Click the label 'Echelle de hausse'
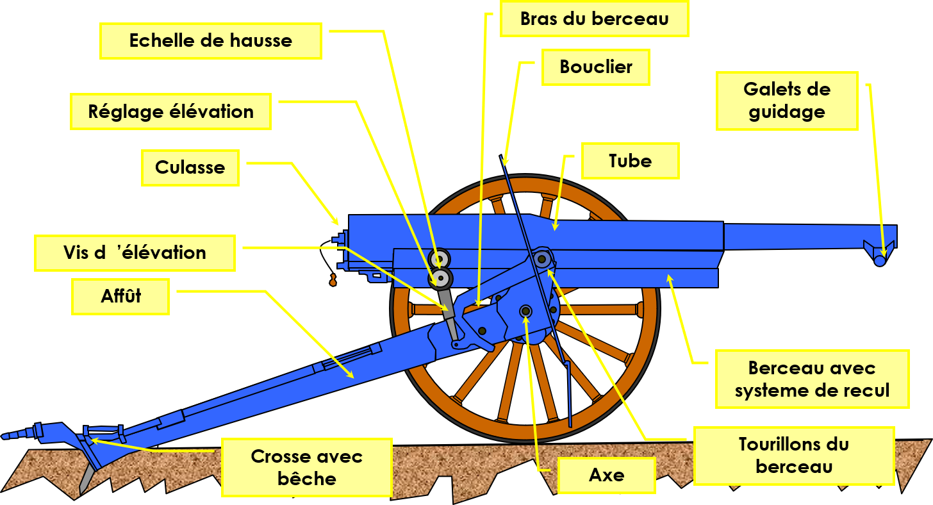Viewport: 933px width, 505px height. [x=210, y=41]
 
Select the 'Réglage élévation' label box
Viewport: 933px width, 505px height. [x=171, y=112]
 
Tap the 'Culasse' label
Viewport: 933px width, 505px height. [x=190, y=168]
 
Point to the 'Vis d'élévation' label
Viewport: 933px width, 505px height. [x=135, y=252]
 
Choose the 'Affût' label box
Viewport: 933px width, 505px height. [x=120, y=296]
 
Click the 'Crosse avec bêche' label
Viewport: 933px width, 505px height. [x=306, y=467]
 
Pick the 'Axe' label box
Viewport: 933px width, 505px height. [x=606, y=476]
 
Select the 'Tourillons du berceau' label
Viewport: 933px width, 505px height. [x=793, y=455]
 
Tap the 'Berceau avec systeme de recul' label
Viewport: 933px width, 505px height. [x=812, y=379]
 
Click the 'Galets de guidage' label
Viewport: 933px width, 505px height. [x=787, y=101]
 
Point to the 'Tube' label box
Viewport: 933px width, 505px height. [x=630, y=161]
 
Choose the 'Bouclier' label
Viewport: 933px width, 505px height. [x=596, y=67]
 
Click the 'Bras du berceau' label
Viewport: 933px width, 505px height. [x=594, y=19]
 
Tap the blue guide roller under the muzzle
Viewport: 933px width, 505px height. [x=880, y=260]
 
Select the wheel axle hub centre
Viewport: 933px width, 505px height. [x=525, y=311]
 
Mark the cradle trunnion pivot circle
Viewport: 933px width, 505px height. [x=542, y=260]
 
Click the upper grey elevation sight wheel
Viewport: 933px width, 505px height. [x=440, y=259]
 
